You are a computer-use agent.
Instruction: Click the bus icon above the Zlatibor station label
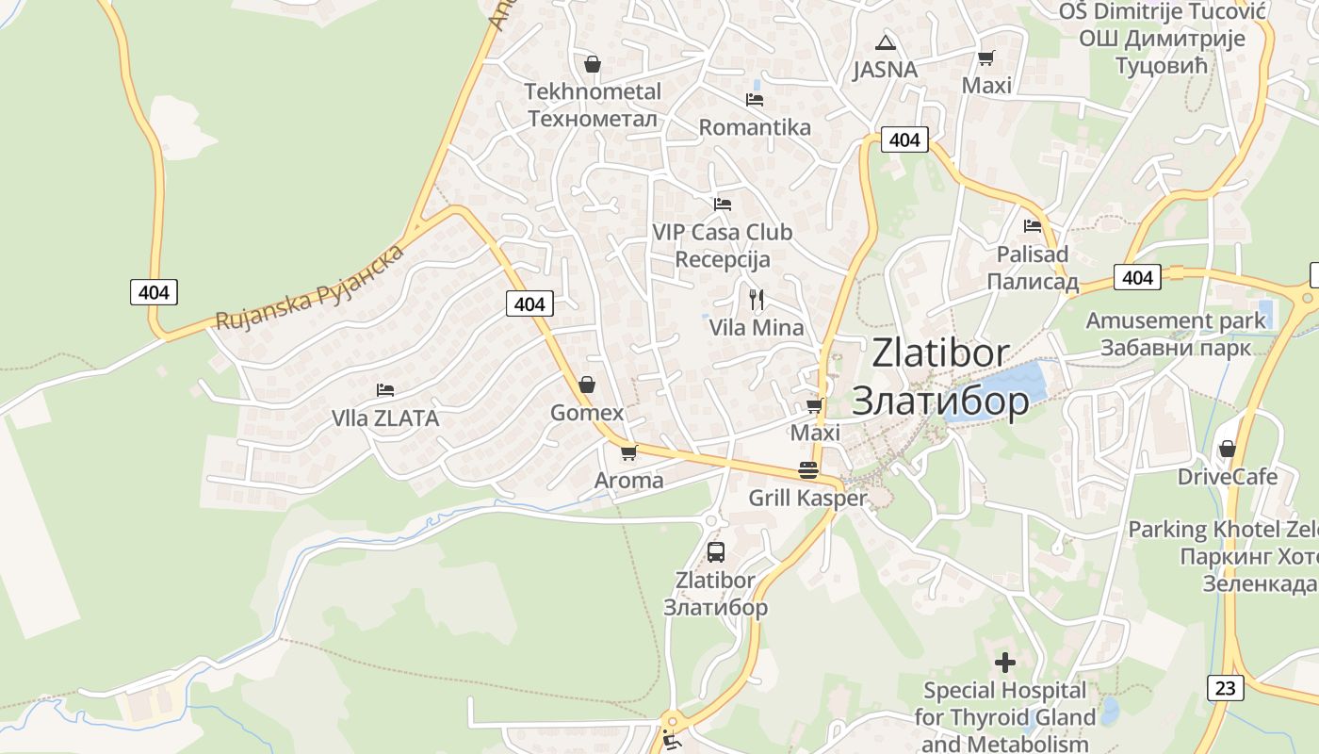click(716, 552)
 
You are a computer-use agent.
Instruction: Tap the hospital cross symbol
click(1005, 663)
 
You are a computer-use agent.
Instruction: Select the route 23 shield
click(1224, 688)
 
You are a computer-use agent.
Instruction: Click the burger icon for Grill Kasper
click(808, 470)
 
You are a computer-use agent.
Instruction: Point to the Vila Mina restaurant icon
click(756, 300)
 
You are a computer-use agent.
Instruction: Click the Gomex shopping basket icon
click(587, 385)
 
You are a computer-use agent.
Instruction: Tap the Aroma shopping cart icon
click(628, 452)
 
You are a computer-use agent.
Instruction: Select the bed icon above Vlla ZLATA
click(384, 389)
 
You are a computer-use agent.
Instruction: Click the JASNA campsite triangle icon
click(884, 42)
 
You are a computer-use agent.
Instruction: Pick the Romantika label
click(755, 127)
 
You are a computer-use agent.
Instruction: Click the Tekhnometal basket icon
click(593, 64)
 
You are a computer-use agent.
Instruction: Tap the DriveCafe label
click(1228, 476)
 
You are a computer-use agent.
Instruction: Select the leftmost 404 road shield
click(154, 292)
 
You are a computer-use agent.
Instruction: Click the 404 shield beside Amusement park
click(1137, 277)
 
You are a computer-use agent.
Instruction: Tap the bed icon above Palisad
click(1033, 226)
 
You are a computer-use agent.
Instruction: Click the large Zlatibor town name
click(940, 353)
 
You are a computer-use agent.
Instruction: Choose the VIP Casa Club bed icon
click(723, 204)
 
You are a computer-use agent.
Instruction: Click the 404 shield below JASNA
click(904, 139)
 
